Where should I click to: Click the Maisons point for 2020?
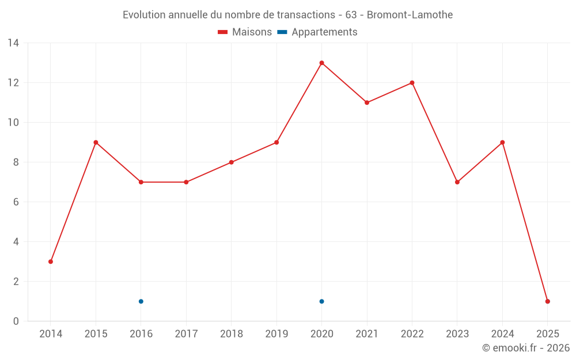coord(321,63)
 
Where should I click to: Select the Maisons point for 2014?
coord(51,262)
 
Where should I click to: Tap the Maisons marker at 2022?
coord(412,82)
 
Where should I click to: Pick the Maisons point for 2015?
coord(96,142)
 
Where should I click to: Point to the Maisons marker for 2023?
coord(457,182)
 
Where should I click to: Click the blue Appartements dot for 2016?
coord(141,301)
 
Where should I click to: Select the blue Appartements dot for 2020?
coord(321,301)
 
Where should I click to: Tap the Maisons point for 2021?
coord(367,103)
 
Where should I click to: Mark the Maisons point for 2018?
coord(232,162)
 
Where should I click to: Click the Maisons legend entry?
coord(245,32)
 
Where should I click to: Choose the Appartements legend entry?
coord(317,32)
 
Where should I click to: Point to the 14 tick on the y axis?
coord(13,43)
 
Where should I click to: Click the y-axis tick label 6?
coord(16,202)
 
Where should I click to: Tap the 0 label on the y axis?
coord(16,321)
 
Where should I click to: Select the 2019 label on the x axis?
coord(276,334)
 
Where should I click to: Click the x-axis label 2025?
coord(548,334)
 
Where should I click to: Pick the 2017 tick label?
coord(186,334)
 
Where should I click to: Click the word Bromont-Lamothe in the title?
coord(410,15)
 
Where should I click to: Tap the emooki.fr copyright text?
coord(525,348)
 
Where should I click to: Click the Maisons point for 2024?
coord(502,142)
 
